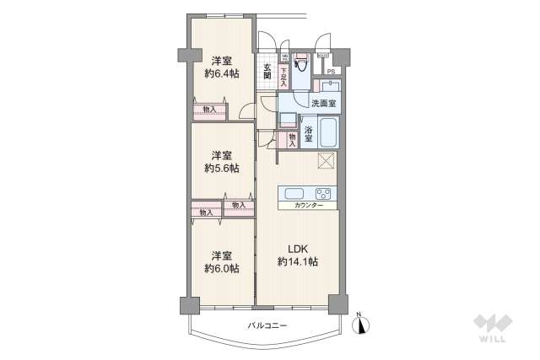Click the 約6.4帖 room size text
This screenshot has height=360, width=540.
(221, 73)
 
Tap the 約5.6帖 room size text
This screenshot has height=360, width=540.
(221, 168)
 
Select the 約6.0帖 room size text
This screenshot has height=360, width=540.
(221, 268)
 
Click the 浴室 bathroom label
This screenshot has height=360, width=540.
(310, 133)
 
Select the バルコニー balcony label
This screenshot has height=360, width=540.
(267, 325)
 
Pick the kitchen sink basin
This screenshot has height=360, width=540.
(294, 192)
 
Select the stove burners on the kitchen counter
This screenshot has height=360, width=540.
(325, 192)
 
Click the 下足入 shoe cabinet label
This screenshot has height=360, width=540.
(283, 78)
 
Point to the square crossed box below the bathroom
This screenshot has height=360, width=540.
(327, 162)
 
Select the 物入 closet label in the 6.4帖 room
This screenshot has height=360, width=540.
(209, 110)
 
